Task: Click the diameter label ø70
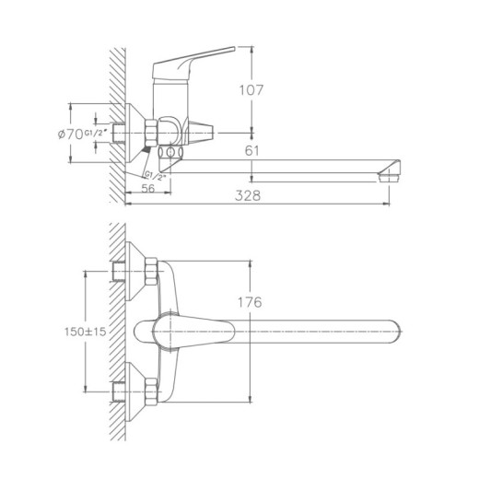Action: (68, 135)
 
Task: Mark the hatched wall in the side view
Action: (116, 120)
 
